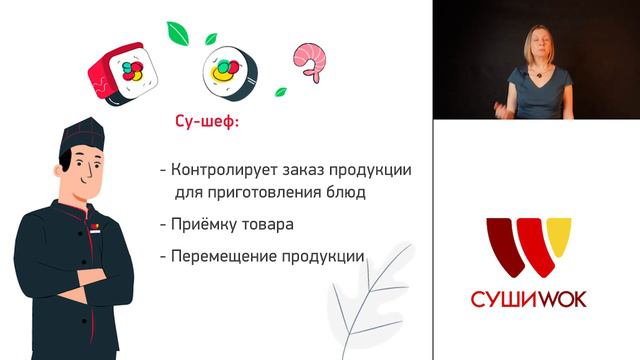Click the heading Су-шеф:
pos(200,127)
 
